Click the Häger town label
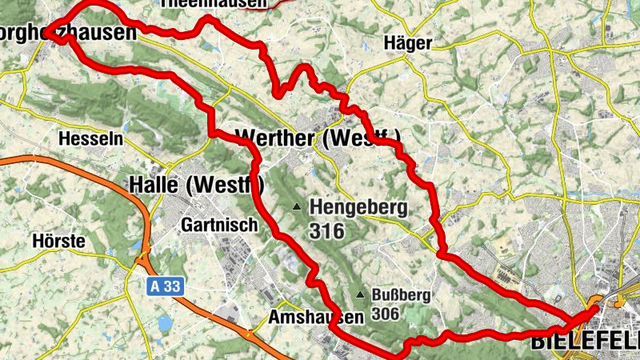click(408, 43)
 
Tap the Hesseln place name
click(91, 138)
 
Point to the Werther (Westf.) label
click(318, 138)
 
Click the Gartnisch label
click(220, 225)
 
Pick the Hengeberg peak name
click(358, 208)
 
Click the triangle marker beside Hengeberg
click(297, 207)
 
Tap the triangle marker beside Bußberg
click(362, 294)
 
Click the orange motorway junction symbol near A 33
click(143, 260)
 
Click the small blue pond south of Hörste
click(165, 324)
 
